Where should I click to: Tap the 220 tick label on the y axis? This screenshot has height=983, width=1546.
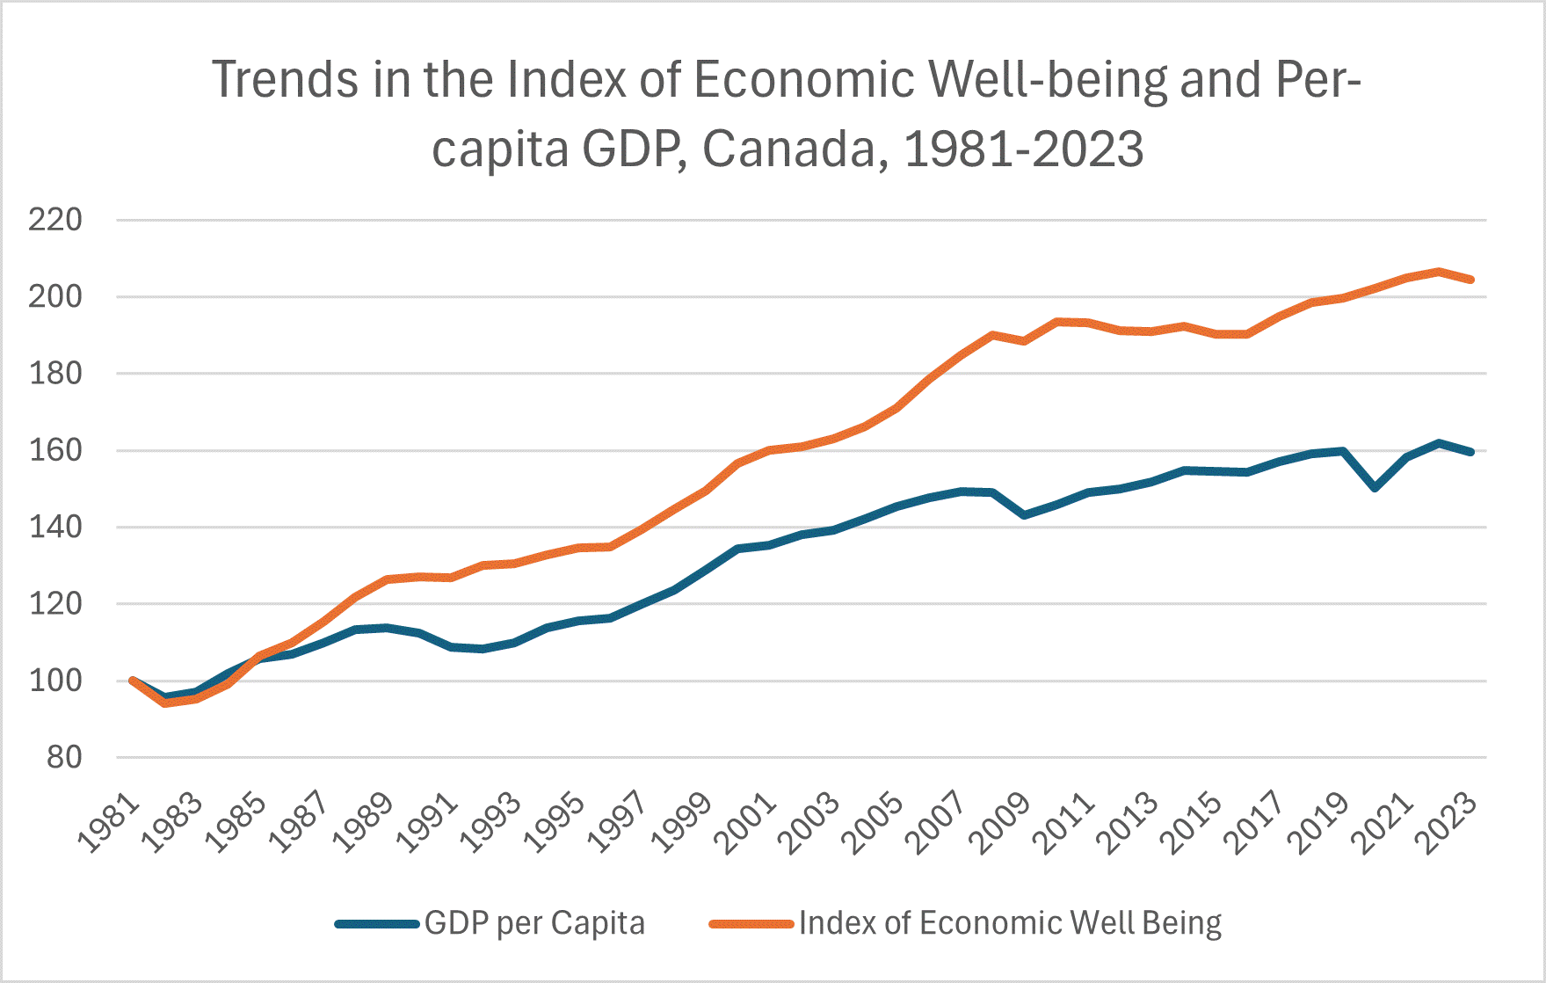coord(54,220)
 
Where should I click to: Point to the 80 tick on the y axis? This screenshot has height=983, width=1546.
coord(63,757)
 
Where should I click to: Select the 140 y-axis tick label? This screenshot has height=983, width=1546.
coord(54,528)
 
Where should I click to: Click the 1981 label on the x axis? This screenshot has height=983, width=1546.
coord(109,825)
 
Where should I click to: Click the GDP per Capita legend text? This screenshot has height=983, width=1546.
coord(534,923)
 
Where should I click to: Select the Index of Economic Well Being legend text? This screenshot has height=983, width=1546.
coord(1010,923)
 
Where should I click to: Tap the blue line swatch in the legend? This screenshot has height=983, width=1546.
coord(376,924)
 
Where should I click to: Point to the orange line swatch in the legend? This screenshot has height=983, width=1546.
coord(751,924)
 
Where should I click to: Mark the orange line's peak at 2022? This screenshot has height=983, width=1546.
coord(1439,271)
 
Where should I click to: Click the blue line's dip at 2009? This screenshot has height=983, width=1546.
coord(1024,514)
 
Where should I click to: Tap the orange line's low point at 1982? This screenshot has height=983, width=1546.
coord(164,703)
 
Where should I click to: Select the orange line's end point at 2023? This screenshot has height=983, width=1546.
coord(1471,280)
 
